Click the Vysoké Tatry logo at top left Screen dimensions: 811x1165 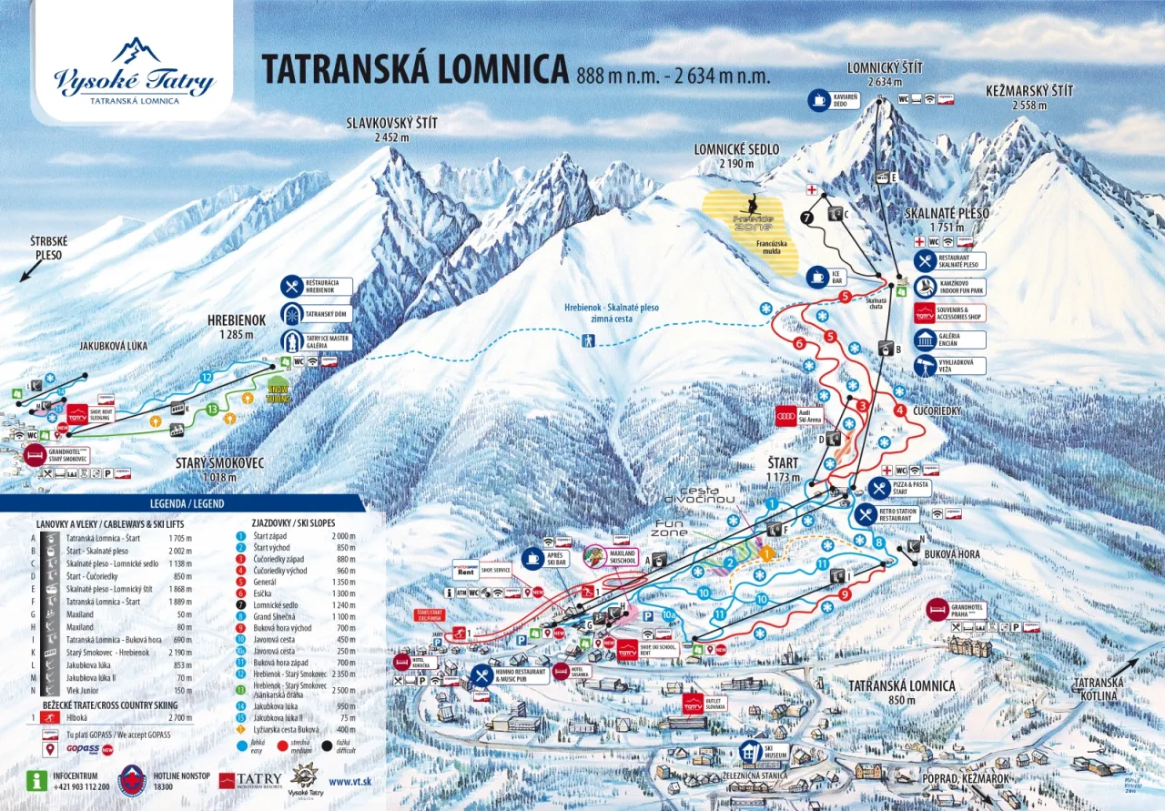[x=134, y=70]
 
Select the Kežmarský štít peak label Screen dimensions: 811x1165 [x=1029, y=97]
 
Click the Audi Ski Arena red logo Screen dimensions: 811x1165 [x=785, y=417]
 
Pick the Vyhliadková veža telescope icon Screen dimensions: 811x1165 [x=925, y=366]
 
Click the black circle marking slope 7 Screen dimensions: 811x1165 [x=806, y=218]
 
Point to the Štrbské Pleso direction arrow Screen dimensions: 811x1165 [x=28, y=271]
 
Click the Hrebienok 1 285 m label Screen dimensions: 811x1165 [x=236, y=327]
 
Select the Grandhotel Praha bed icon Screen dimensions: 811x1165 [x=937, y=609]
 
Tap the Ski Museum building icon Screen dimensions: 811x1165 [x=750, y=751]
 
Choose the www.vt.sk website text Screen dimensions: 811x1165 [x=354, y=781]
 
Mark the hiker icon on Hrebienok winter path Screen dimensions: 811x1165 [x=589, y=340]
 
